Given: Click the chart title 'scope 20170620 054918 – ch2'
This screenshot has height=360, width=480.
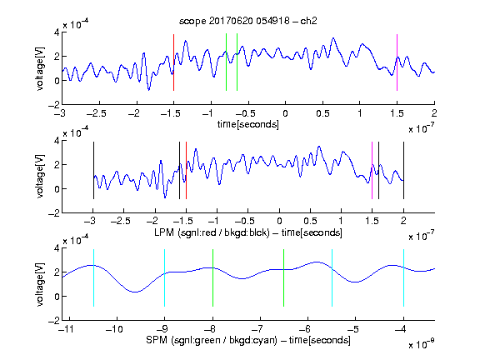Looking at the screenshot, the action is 248,21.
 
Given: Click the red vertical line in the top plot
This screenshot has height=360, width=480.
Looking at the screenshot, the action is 174,62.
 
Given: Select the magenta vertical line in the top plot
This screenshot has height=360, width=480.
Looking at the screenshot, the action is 397,62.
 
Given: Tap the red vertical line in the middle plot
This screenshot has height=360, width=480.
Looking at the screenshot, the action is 186,171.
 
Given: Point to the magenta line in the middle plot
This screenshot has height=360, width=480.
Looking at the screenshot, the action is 372,171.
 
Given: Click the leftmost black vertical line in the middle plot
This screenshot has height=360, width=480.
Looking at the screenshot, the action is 93,171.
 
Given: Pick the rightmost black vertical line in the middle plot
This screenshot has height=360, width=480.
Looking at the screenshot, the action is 403,171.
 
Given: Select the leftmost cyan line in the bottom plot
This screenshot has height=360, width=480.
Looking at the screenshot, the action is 93,278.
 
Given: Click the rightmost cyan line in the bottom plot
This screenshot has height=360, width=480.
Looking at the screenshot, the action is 403,278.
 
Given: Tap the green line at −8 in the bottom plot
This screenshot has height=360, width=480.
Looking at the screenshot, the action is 212,278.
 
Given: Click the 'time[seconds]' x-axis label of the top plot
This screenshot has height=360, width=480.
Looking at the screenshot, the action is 248,124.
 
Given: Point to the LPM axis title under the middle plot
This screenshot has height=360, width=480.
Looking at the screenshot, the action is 248,232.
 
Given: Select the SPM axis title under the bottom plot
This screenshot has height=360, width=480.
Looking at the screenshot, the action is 248,340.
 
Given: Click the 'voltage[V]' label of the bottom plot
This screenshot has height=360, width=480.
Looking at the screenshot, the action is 40,284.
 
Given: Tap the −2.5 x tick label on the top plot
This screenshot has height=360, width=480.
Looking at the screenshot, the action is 97,113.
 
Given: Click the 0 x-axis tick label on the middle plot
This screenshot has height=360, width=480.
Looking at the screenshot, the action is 279,221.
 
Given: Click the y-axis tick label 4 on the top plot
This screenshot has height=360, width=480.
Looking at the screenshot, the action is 57,32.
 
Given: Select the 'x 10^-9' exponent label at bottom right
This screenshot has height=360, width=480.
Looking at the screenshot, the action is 421,344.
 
